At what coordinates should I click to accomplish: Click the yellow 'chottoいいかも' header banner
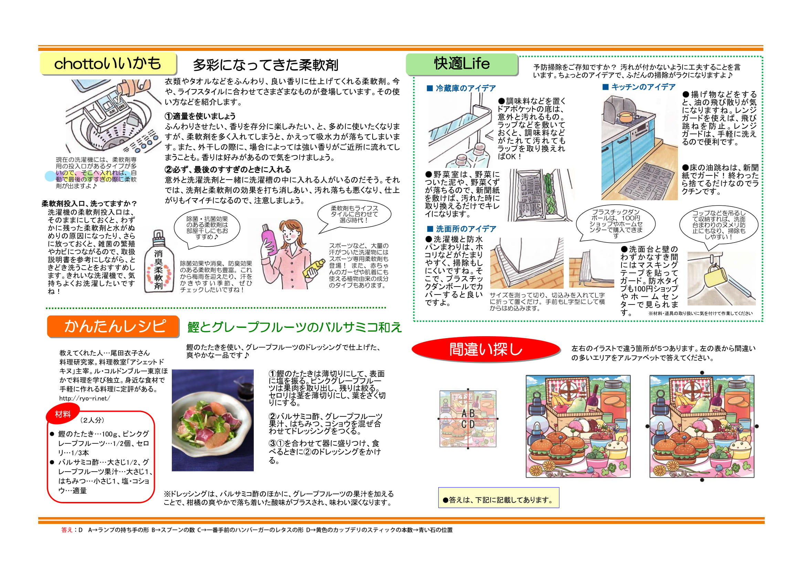[108, 63]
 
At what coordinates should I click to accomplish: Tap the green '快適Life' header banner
[462, 64]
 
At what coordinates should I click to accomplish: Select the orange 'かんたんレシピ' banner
[113, 326]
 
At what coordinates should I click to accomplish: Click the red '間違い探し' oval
[485, 349]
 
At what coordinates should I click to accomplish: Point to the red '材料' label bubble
[63, 415]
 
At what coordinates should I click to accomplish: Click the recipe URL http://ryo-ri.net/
[84, 398]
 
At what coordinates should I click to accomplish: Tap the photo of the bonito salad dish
[212, 420]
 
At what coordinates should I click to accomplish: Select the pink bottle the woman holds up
[269, 238]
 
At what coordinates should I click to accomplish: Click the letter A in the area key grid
[463, 413]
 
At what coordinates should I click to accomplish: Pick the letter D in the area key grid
[472, 424]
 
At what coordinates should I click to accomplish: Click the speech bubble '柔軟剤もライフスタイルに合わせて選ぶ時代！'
[354, 214]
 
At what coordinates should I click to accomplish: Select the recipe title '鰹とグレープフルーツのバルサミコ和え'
[294, 327]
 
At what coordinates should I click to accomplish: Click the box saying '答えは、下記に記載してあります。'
[498, 500]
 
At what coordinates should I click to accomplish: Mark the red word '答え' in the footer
[66, 530]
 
